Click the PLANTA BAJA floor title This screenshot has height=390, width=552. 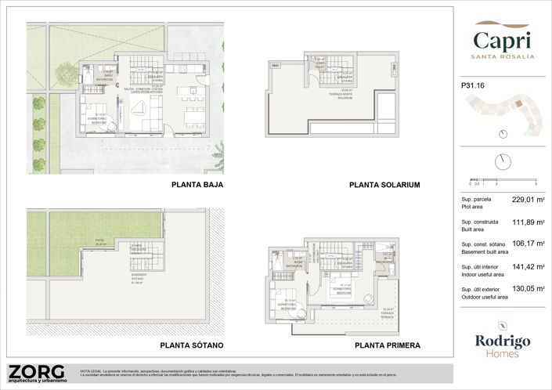[x=197, y=186]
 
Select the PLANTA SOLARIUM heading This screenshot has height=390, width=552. [x=384, y=186]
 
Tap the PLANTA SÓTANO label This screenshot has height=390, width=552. [x=192, y=345]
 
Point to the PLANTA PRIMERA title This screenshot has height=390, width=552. [x=388, y=345]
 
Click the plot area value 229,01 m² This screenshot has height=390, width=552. [x=529, y=200]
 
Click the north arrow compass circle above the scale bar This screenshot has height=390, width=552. [x=502, y=161]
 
